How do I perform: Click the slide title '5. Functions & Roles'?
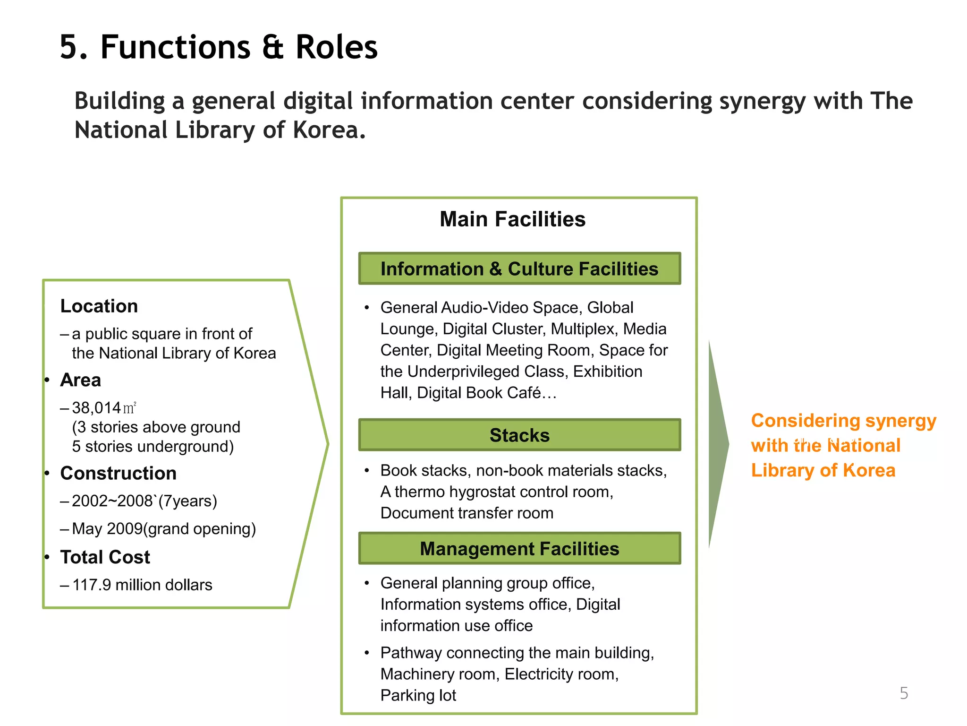[x=219, y=47]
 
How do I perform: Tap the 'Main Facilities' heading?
[x=512, y=219]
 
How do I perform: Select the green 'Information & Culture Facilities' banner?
[x=519, y=269]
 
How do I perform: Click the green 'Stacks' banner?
[x=519, y=435]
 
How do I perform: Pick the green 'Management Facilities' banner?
[x=519, y=549]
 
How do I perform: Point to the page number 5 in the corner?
[x=904, y=693]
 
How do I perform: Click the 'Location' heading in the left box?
[x=99, y=306]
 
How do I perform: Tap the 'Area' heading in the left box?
[x=81, y=380]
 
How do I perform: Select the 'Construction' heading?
[x=119, y=473]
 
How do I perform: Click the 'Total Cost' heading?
[x=105, y=557]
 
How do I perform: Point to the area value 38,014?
[x=96, y=408]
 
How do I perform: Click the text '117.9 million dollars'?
[x=142, y=585]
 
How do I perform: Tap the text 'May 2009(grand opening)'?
[x=164, y=529]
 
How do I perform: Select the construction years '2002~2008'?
[x=112, y=501]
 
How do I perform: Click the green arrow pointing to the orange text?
[x=718, y=444]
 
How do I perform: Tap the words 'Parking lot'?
[x=418, y=695]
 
